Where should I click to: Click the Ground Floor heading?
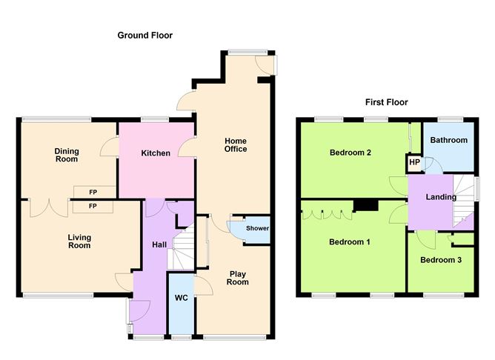(145, 35)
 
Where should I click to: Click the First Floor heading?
(386, 102)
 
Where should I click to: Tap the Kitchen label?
(156, 153)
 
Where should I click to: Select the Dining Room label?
(67, 156)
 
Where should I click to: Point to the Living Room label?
(79, 241)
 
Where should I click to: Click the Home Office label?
(236, 145)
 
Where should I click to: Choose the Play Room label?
(238, 278)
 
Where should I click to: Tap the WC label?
(182, 298)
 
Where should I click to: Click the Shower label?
(257, 228)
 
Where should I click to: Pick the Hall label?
(159, 244)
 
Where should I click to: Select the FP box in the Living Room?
(93, 207)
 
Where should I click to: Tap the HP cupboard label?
(414, 162)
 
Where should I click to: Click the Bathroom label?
(448, 140)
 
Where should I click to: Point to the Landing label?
(441, 197)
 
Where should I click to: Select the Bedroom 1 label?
(350, 242)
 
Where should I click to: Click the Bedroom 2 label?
(350, 153)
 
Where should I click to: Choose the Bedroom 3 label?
(441, 260)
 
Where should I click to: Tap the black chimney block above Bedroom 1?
(366, 204)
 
